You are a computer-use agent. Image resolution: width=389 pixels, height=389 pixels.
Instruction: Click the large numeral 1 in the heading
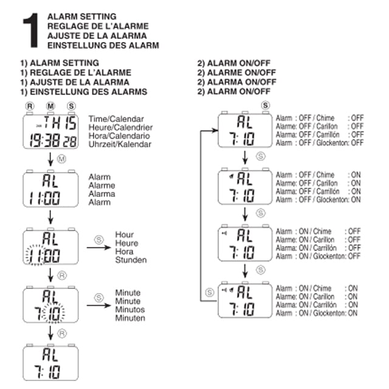click(31, 30)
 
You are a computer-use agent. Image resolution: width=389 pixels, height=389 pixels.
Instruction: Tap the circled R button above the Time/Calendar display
click(30, 106)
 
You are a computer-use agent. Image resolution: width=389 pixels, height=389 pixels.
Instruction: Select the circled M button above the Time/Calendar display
click(50, 106)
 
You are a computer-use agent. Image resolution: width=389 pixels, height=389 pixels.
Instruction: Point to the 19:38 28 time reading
click(53, 140)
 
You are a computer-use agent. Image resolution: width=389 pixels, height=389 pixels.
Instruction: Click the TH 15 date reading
click(60, 123)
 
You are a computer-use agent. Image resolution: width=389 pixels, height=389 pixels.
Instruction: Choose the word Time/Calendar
click(116, 119)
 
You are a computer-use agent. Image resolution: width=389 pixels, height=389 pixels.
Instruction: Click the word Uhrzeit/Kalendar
click(120, 144)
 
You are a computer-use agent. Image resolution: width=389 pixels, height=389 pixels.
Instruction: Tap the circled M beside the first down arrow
click(61, 159)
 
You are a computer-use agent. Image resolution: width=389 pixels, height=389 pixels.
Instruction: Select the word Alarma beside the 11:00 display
click(102, 194)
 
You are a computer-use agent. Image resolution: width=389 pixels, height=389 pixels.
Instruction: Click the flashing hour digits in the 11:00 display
click(35, 255)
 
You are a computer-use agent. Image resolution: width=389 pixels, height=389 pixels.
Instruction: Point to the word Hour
click(124, 235)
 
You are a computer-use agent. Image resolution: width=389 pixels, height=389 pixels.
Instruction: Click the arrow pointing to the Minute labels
click(98, 305)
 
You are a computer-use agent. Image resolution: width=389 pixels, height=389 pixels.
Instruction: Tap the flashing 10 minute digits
click(53, 313)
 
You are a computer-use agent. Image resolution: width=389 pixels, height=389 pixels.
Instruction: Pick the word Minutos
click(130, 309)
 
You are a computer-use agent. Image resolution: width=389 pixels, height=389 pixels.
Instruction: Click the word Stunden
click(131, 260)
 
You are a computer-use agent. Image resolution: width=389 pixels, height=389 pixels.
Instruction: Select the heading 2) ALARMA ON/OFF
click(236, 82)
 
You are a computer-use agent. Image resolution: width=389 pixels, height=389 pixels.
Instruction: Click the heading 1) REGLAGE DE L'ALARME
click(75, 72)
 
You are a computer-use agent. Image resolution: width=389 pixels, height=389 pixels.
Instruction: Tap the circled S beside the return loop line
click(210, 292)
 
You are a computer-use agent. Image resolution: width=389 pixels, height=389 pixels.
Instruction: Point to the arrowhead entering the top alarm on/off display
click(215, 131)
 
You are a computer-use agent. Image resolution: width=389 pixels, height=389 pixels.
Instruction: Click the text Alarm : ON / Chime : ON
click(317, 288)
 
